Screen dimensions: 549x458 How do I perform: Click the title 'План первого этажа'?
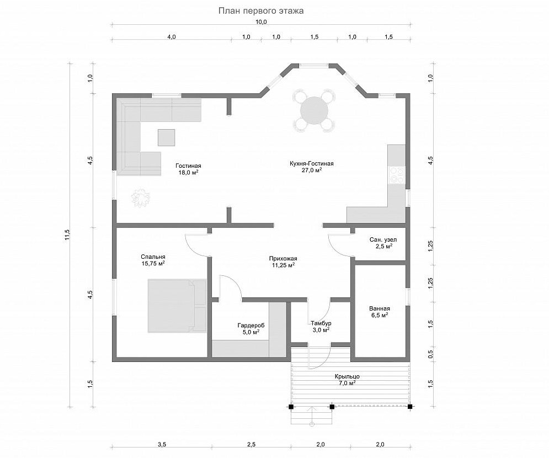click(x=261, y=11)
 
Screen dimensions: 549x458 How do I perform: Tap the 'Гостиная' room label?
click(x=188, y=166)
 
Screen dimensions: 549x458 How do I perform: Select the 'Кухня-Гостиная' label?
click(x=312, y=163)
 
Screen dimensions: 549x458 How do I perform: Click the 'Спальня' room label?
click(x=153, y=256)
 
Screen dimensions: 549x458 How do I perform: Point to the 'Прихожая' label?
click(x=283, y=258)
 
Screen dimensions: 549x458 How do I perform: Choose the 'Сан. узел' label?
click(x=383, y=240)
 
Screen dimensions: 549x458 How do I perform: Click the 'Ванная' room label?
click(x=380, y=308)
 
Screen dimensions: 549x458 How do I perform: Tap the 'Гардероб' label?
click(x=251, y=326)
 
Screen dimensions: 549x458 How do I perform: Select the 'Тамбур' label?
click(x=321, y=323)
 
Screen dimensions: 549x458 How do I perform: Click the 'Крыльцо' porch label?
click(x=347, y=376)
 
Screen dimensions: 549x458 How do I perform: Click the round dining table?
click(x=314, y=110)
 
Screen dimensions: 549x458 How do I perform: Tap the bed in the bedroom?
click(x=177, y=305)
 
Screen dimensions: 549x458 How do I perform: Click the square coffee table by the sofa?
click(x=166, y=137)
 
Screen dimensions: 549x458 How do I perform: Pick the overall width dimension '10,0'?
click(x=261, y=22)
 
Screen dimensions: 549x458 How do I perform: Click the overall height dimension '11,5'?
click(x=67, y=235)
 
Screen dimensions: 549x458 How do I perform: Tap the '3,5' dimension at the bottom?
click(x=162, y=445)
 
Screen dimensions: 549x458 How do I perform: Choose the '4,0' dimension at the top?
click(x=172, y=37)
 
